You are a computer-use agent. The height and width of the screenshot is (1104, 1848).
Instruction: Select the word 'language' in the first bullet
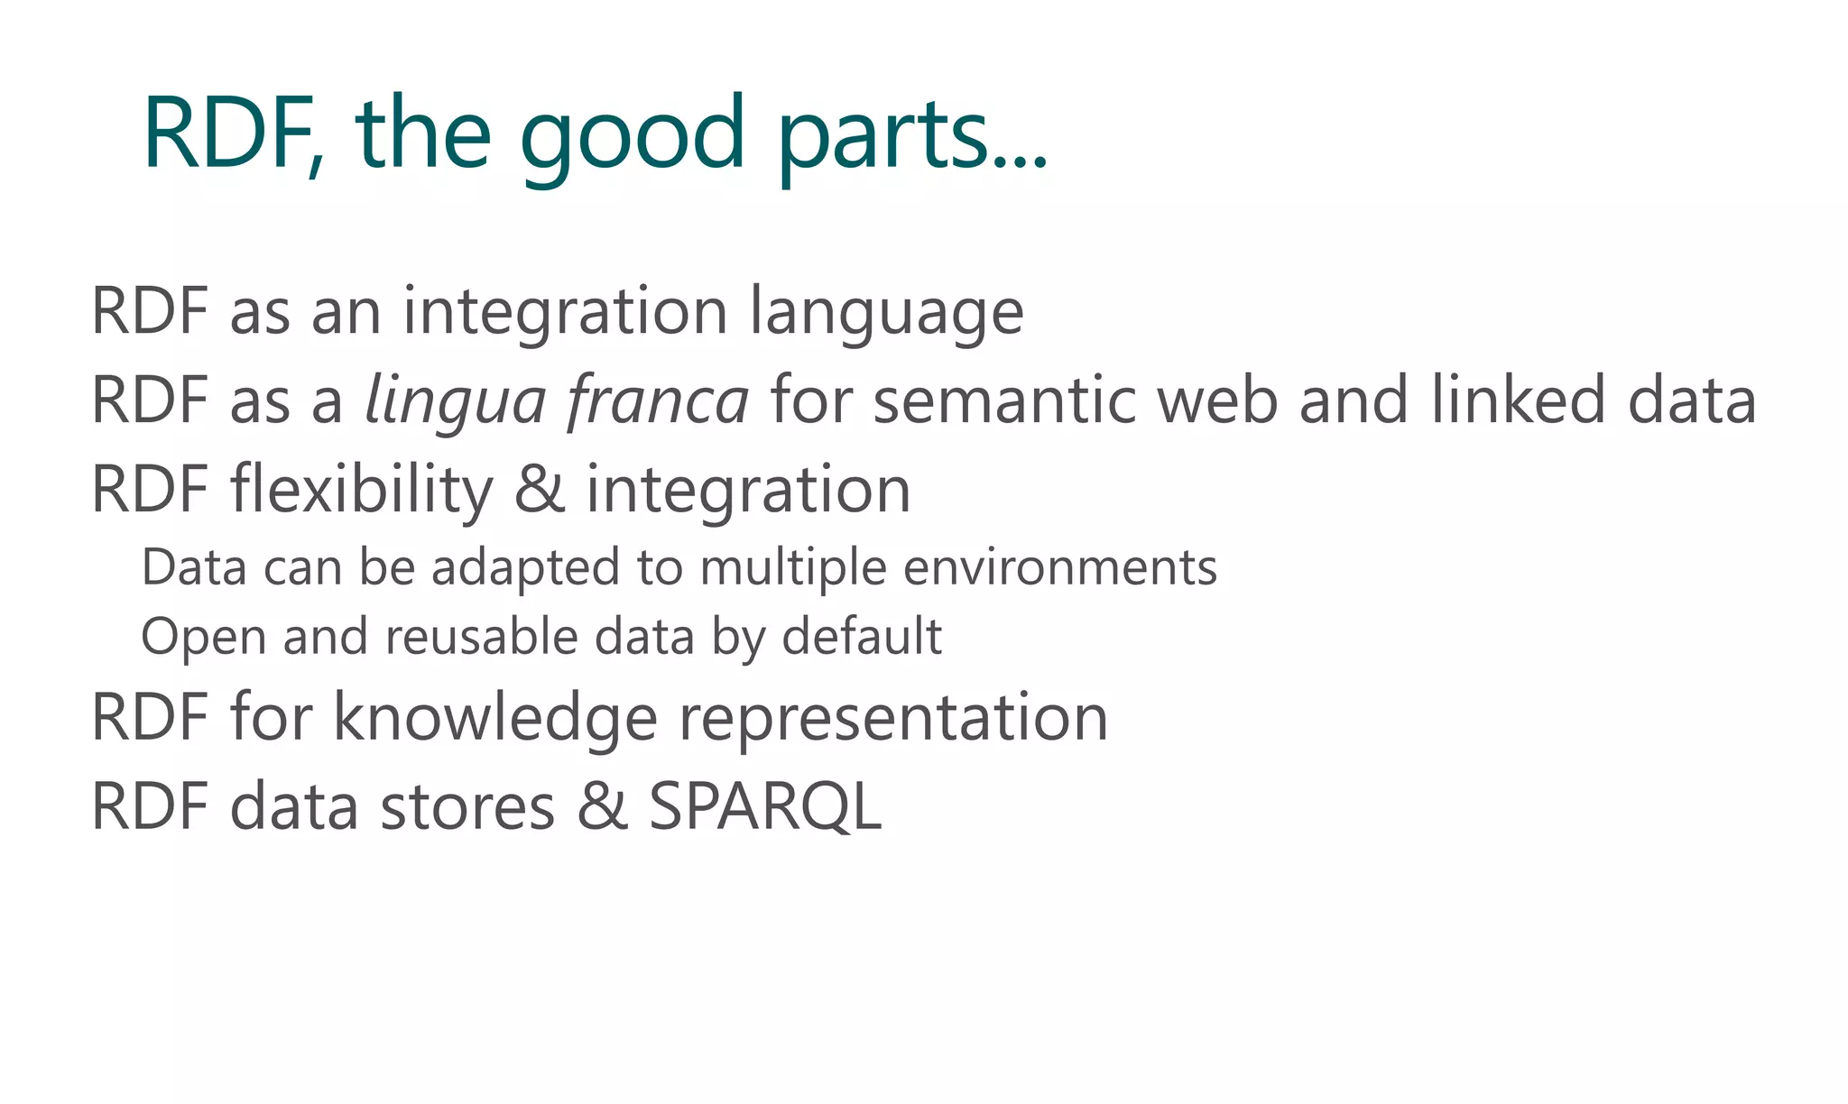(x=887, y=313)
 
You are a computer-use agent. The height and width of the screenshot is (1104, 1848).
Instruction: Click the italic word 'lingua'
(x=456, y=401)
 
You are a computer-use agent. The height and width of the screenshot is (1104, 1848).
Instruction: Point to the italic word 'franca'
(x=658, y=401)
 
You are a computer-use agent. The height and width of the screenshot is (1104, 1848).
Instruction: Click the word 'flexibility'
(x=362, y=490)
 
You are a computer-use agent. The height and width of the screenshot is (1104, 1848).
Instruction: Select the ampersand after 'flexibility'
(x=540, y=490)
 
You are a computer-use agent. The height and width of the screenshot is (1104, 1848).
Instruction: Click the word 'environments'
(x=1060, y=568)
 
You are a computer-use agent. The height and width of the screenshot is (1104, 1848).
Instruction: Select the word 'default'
(x=862, y=637)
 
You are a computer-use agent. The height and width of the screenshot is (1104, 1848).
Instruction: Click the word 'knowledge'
(x=495, y=719)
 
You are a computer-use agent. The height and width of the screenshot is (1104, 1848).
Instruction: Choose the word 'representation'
(x=893, y=719)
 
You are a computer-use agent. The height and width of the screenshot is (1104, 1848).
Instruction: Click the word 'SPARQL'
(x=765, y=806)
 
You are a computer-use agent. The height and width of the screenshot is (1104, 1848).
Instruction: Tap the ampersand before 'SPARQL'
(x=602, y=806)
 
